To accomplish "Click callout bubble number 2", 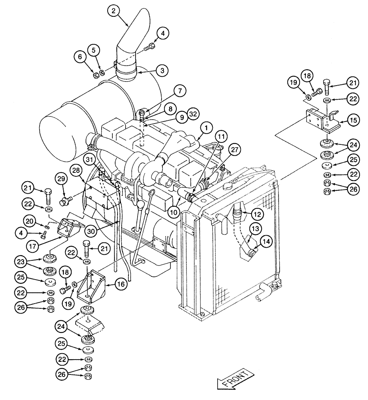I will pos(113,12).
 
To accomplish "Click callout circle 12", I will pos(257,214).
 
